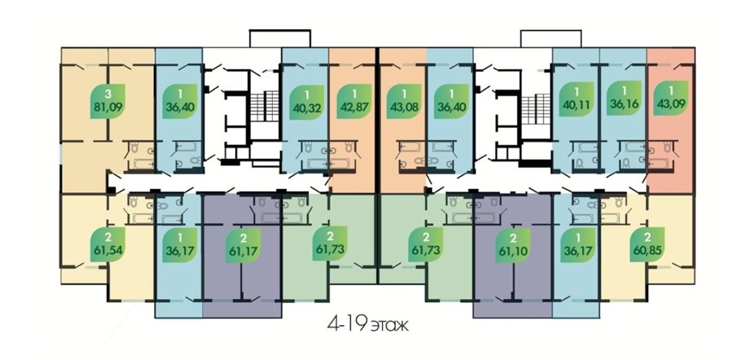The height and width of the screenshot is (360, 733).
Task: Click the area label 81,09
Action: (x=108, y=106)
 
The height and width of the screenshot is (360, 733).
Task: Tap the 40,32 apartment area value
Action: (x=306, y=106)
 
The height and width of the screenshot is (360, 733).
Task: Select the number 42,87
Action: (x=353, y=106)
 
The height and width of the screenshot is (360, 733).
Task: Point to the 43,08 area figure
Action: (x=404, y=106)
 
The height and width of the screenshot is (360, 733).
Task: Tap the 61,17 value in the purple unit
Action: (x=243, y=251)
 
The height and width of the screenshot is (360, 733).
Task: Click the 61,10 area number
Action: (x=513, y=251)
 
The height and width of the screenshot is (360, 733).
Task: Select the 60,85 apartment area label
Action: (x=647, y=251)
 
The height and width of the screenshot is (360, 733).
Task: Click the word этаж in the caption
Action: (x=389, y=326)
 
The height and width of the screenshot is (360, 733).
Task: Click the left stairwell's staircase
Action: (x=265, y=105)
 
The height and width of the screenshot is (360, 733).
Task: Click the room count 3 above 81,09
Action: (x=108, y=93)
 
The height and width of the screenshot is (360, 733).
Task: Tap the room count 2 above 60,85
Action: (x=647, y=238)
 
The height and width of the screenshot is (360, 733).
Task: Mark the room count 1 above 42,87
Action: (x=353, y=93)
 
